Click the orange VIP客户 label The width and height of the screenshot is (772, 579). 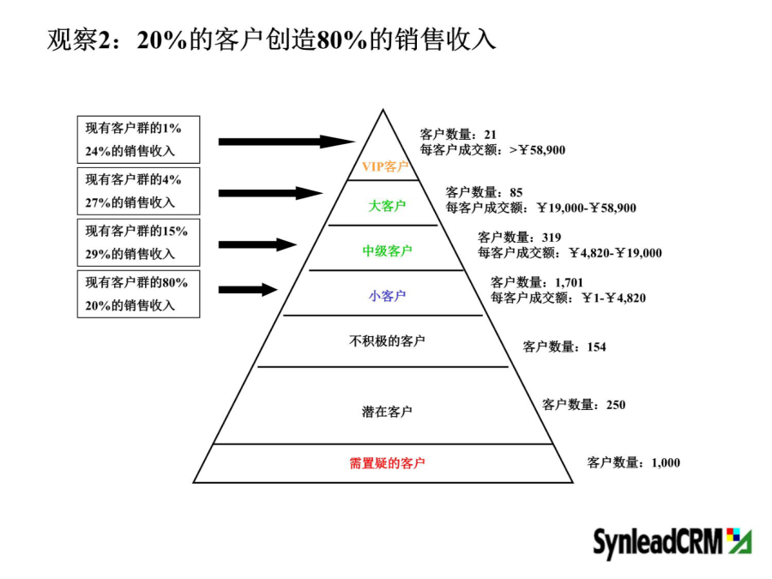(x=385, y=166)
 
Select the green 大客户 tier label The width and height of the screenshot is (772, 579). (x=387, y=206)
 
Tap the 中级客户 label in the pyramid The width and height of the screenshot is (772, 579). (x=387, y=251)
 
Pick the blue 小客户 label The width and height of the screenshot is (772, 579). (x=387, y=296)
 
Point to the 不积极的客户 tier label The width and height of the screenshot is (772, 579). (x=387, y=341)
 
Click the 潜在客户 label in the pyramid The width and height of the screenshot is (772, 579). (x=387, y=412)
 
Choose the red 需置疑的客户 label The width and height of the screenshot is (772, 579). (x=387, y=463)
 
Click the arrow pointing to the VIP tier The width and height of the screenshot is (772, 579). (x=286, y=142)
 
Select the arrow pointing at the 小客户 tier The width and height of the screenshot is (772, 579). (x=248, y=290)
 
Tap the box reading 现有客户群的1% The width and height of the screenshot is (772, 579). (x=138, y=140)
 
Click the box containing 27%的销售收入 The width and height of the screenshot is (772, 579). (x=138, y=191)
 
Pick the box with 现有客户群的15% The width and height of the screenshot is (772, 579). (x=138, y=243)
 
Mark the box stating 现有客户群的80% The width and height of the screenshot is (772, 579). (x=138, y=294)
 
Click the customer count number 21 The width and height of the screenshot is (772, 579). (x=490, y=135)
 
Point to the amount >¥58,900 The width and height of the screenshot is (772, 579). (x=537, y=149)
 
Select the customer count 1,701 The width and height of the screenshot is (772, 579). (x=569, y=282)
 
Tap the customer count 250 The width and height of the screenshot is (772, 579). (x=616, y=405)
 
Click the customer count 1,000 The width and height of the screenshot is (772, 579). (x=666, y=463)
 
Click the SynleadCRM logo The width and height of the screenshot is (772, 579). (x=672, y=543)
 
